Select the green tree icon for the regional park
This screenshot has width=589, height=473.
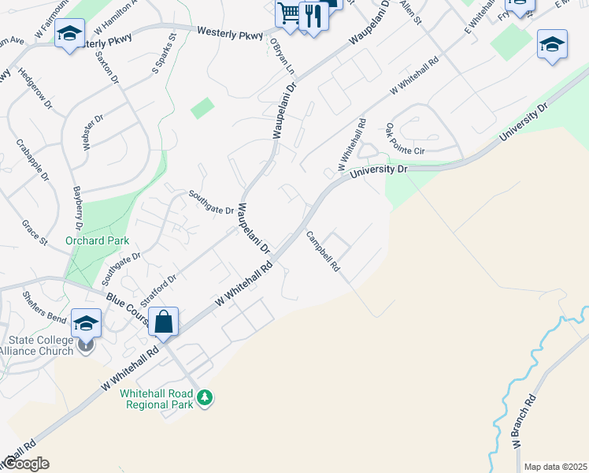pos(205,397)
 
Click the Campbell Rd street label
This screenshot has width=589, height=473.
pos(322,251)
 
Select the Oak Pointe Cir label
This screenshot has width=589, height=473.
pos(405,140)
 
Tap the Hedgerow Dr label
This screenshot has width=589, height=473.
pos(35,93)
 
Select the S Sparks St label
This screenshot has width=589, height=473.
pos(164,54)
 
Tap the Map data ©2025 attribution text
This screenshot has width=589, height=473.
pos(554,467)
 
